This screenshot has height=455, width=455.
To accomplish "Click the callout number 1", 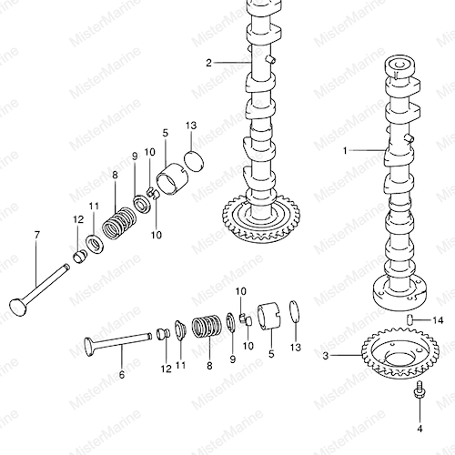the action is [x=345, y=150].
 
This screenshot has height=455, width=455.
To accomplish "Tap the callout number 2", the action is [x=208, y=63].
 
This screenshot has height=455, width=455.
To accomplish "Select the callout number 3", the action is [x=326, y=356].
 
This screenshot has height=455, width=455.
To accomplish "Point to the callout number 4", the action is [x=420, y=429].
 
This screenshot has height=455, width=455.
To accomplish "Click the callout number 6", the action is [x=122, y=375].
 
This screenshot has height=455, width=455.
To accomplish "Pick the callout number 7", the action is [x=36, y=235].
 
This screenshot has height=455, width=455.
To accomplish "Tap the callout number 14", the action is [x=438, y=320].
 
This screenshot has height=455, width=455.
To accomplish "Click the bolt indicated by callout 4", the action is [x=420, y=389].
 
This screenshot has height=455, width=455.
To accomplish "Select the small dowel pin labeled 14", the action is [x=409, y=319].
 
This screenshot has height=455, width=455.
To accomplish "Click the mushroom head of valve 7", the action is [x=18, y=308].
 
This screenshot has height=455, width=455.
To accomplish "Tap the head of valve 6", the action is [x=89, y=347].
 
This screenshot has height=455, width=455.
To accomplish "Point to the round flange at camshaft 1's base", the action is [x=399, y=293].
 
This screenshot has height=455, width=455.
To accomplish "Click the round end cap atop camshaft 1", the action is [x=399, y=67].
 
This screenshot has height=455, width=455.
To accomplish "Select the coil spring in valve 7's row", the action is [x=119, y=224].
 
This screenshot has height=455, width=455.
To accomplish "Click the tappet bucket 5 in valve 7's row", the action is [x=172, y=179].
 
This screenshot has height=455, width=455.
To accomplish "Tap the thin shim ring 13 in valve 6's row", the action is [x=295, y=315].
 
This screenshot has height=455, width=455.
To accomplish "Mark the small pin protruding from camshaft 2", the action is [x=271, y=59].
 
